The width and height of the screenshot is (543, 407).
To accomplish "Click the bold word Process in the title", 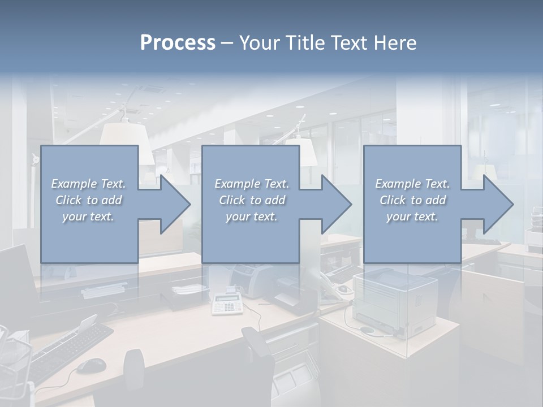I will tap(178, 42).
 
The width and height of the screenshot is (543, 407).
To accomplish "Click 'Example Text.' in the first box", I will tap(89, 184).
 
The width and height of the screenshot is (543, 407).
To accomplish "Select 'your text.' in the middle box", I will tap(251, 217).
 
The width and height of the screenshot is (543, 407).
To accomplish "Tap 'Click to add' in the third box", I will tap(412, 200).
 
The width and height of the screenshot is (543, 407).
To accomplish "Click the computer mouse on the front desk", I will tap(90, 366).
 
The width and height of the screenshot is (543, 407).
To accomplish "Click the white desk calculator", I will tap(227, 304).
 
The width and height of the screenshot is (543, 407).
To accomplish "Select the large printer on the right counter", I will tap(395, 302).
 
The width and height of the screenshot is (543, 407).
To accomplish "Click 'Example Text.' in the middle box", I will tap(251, 184).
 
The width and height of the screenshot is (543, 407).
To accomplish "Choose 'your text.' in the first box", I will tap(89, 217).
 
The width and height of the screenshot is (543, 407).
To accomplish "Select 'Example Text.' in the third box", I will tap(412, 184).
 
